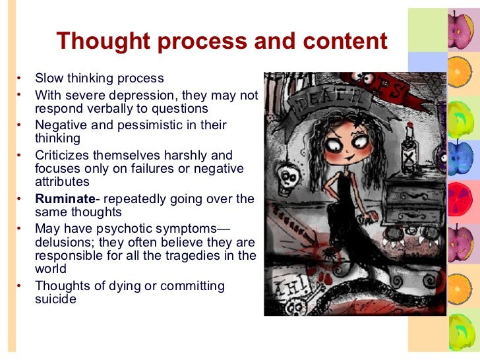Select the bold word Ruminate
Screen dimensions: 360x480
pos(65,198)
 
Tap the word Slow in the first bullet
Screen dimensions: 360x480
pos(49,78)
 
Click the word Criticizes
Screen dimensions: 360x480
pos(64,156)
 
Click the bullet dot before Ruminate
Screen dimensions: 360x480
pos(19,198)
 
